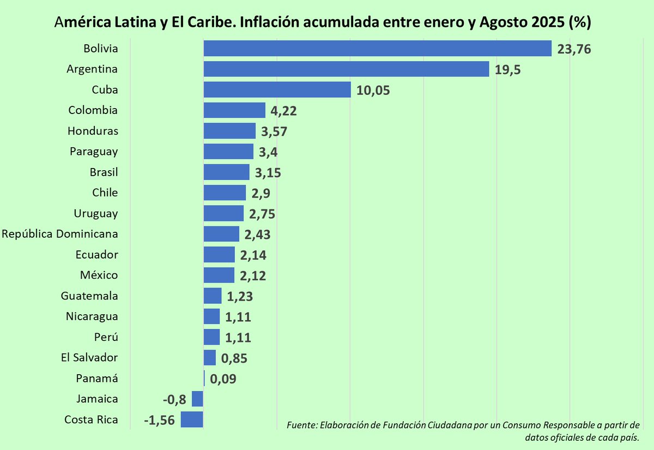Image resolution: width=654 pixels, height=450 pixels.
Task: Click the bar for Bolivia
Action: [377, 49]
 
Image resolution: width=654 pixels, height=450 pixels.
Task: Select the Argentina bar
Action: [346, 69]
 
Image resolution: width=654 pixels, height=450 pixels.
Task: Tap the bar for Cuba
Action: [277, 89]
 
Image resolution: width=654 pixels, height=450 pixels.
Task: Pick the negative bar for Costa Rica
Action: [192, 419]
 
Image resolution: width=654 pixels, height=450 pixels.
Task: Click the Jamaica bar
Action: [197, 399]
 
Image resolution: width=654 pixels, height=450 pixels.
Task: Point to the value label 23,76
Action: [574, 49]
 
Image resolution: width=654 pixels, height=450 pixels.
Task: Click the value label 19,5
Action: [508, 69]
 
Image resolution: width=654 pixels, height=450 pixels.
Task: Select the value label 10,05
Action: [373, 90]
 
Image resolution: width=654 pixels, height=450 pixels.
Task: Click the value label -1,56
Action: [159, 420]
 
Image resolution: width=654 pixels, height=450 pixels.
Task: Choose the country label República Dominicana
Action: [60, 234]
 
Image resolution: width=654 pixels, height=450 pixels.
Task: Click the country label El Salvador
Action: [89, 358]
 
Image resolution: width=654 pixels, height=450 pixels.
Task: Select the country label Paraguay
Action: [94, 151]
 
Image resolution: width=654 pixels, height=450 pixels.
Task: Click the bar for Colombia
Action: [234, 110]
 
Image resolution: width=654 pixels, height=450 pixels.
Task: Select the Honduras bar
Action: [229, 131]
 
